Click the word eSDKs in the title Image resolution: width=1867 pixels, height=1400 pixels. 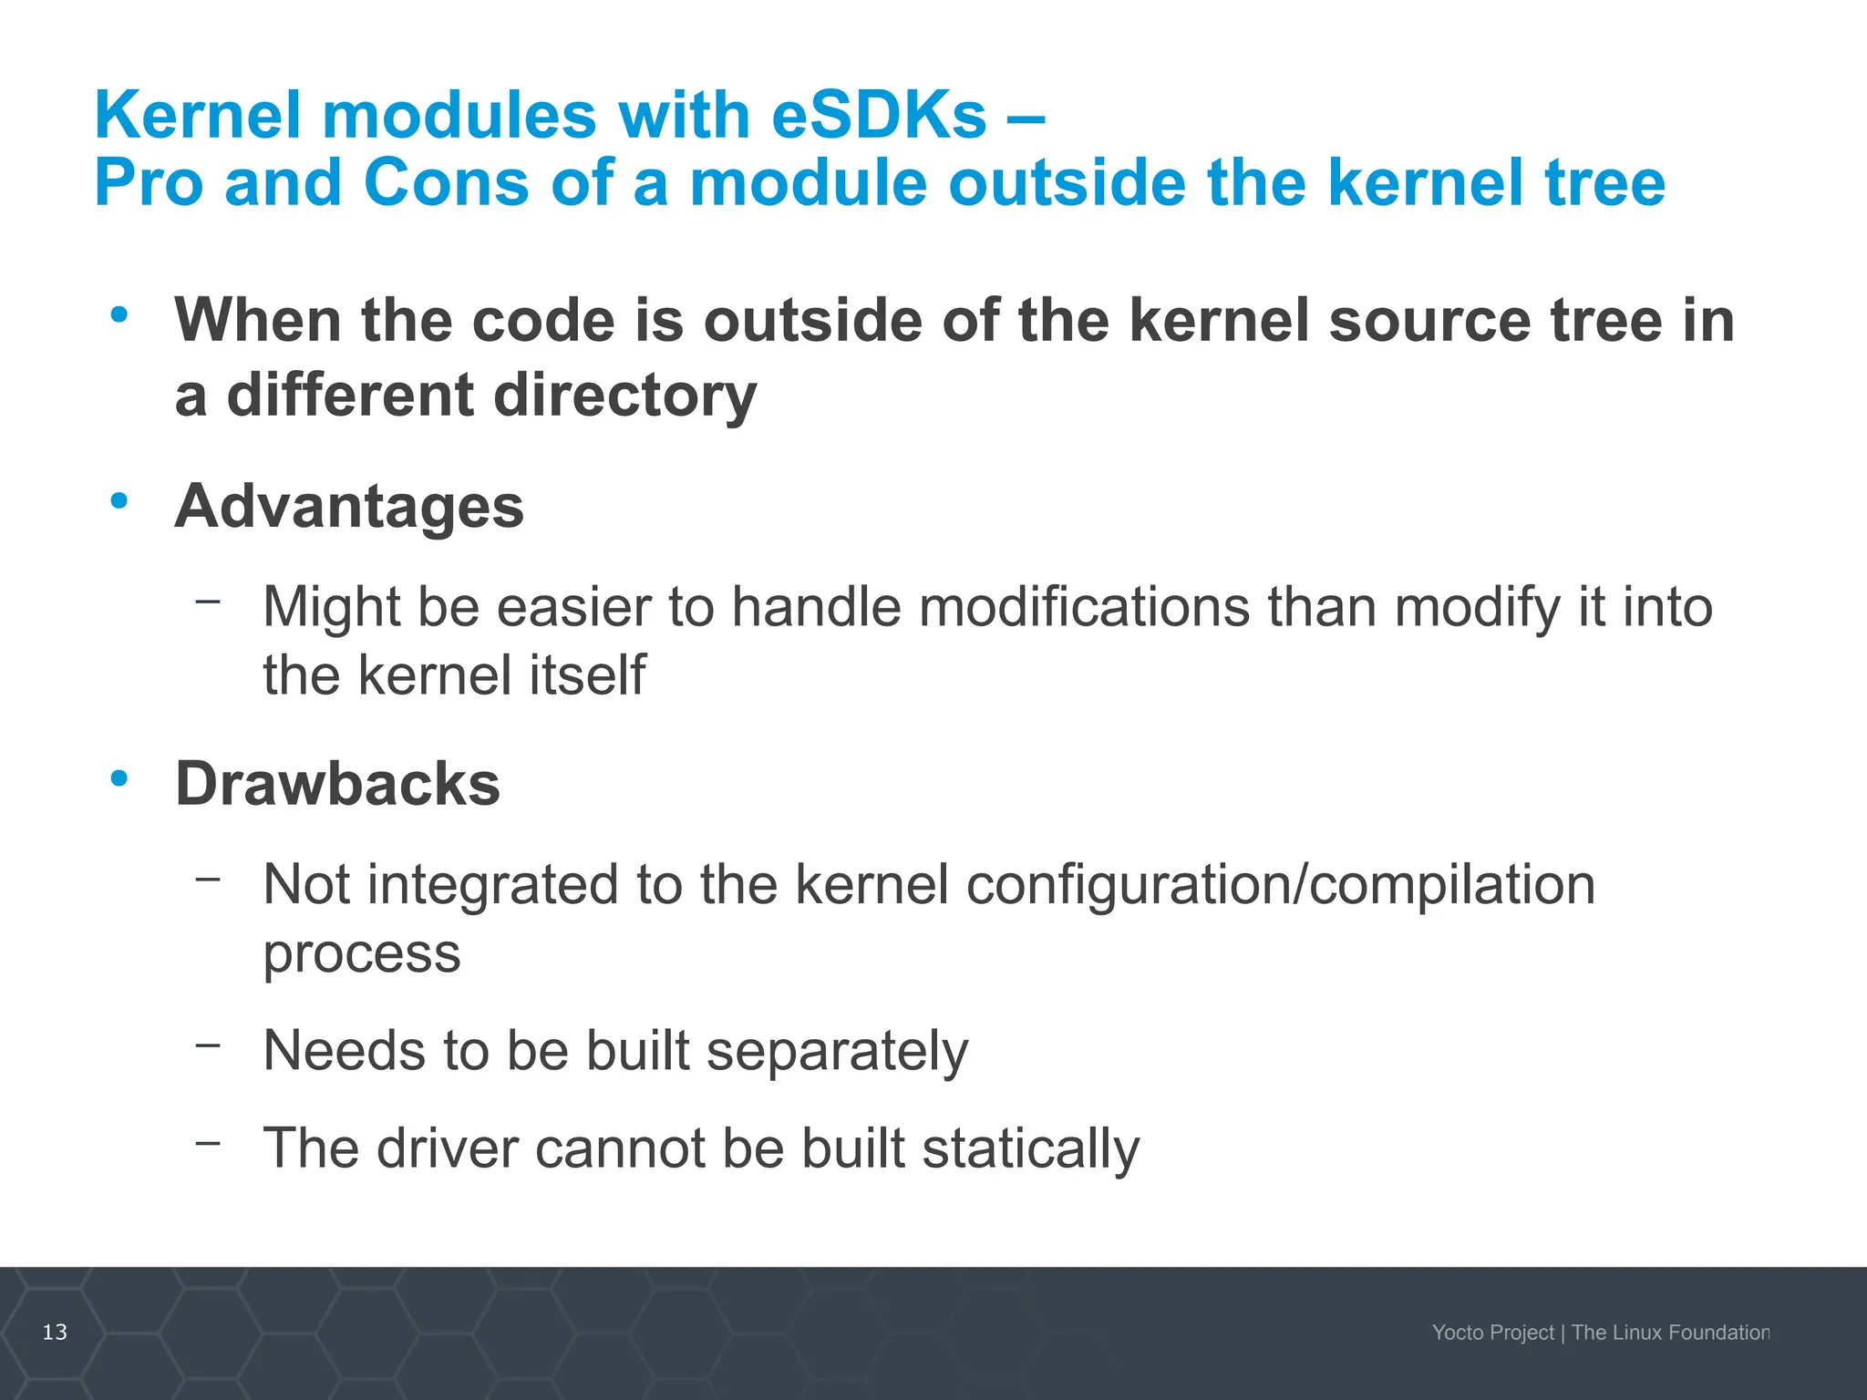(878, 116)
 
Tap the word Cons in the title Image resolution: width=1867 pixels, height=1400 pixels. (445, 182)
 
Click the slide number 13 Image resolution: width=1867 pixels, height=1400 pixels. (55, 1332)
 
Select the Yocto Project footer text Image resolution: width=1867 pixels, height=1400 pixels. (1492, 1333)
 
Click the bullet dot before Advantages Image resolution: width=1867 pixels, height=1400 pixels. (119, 500)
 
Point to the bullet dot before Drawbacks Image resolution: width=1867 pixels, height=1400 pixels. (119, 778)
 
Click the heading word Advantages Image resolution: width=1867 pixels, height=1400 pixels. (349, 506)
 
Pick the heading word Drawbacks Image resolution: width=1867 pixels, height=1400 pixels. (337, 784)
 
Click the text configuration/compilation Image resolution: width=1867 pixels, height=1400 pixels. (1280, 884)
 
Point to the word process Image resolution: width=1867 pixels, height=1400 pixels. (361, 954)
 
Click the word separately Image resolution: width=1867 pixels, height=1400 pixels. (836, 1051)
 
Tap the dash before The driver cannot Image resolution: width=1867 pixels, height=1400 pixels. (208, 1141)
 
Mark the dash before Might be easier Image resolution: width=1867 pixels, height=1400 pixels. (208, 601)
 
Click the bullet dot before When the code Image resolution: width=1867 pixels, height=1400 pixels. (119, 314)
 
